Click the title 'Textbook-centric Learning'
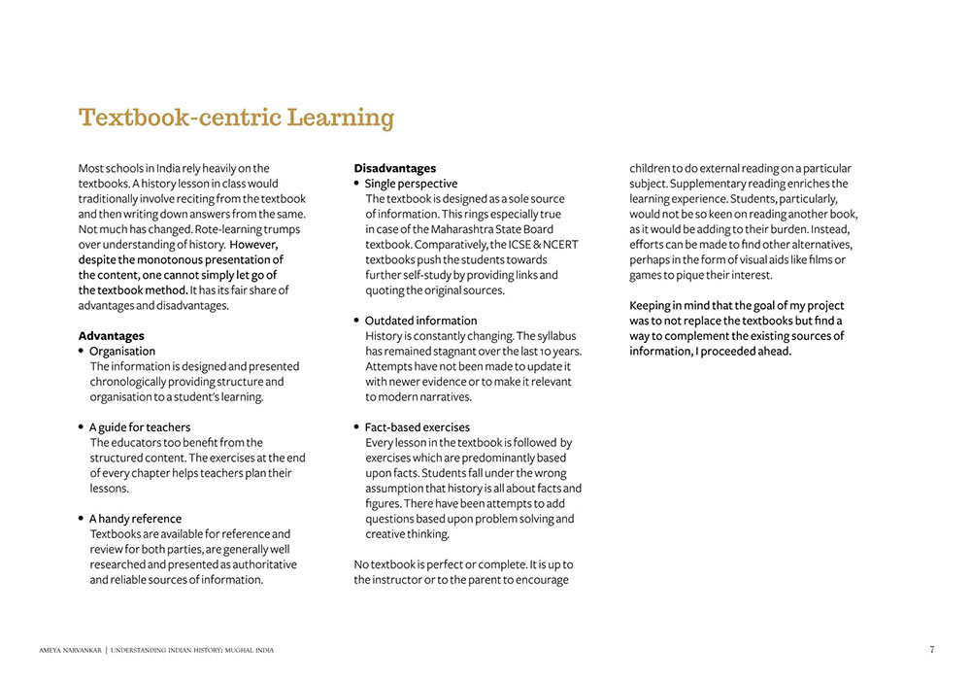(x=236, y=118)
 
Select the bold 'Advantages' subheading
(x=111, y=336)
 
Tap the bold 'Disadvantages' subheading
(x=394, y=168)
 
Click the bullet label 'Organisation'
(x=122, y=352)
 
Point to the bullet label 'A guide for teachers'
(x=140, y=427)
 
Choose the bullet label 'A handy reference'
(x=135, y=519)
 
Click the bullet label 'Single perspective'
(x=411, y=184)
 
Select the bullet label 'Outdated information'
(x=420, y=321)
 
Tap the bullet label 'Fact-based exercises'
(x=417, y=427)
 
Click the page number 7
(x=931, y=650)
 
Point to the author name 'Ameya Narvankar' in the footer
(x=70, y=650)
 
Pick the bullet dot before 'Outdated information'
(x=356, y=321)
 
